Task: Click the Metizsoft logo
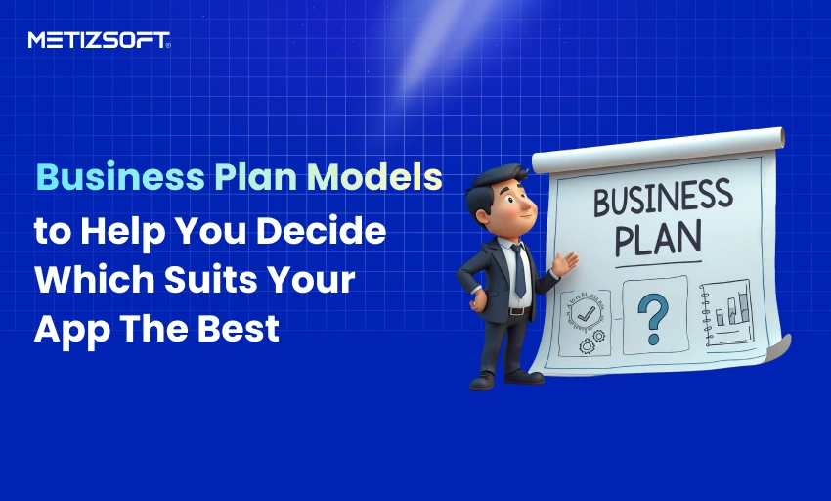[99, 40]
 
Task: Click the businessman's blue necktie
[518, 269]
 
